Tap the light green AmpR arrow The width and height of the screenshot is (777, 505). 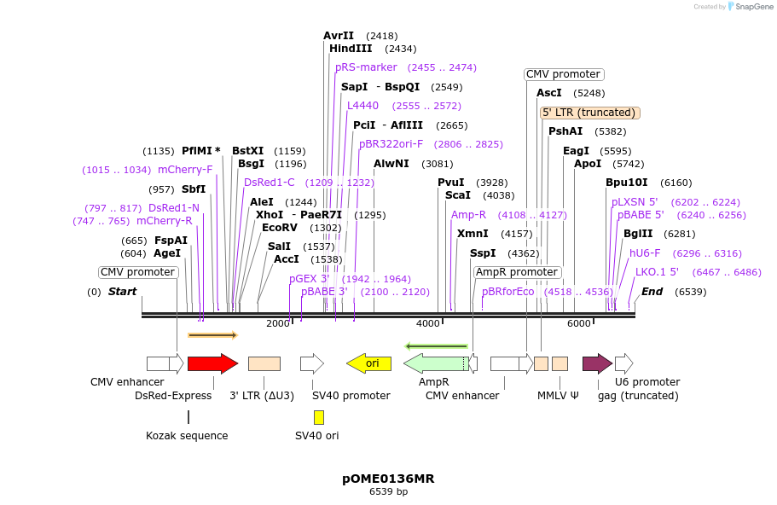tap(435, 363)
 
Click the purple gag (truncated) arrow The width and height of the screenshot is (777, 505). tap(597, 363)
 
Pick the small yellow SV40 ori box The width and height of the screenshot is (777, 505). tap(319, 417)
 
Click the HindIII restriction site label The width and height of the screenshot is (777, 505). tap(351, 49)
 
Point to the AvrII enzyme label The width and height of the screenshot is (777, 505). tap(339, 36)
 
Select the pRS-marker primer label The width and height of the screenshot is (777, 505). tap(366, 67)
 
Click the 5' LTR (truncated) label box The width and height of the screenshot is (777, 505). tap(590, 113)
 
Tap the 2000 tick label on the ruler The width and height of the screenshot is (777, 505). tap(278, 323)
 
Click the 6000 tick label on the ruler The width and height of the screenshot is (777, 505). tap(578, 323)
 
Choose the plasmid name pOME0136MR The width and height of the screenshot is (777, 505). tap(388, 479)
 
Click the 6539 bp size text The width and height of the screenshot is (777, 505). tap(388, 492)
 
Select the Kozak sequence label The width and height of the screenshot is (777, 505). tap(187, 436)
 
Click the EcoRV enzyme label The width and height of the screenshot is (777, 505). tap(279, 228)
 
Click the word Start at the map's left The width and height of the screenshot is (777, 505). tap(122, 292)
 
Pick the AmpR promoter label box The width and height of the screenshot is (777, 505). tap(517, 272)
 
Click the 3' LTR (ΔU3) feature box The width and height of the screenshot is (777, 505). tap(264, 363)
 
